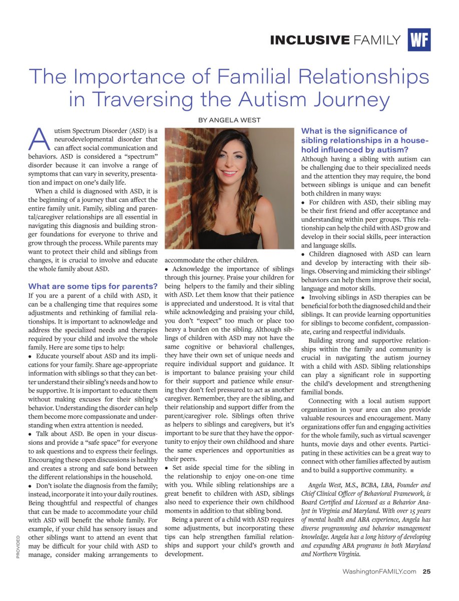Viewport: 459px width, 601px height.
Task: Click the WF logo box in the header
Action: click(419, 40)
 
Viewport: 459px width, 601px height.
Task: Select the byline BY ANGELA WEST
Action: click(229, 120)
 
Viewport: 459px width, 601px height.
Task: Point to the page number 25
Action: click(426, 571)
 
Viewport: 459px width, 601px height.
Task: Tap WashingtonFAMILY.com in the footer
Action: click(379, 571)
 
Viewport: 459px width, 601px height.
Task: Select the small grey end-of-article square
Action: click(411, 470)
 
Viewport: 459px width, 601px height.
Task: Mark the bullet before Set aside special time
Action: click(167, 467)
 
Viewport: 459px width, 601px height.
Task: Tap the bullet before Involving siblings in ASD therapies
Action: click(303, 297)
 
